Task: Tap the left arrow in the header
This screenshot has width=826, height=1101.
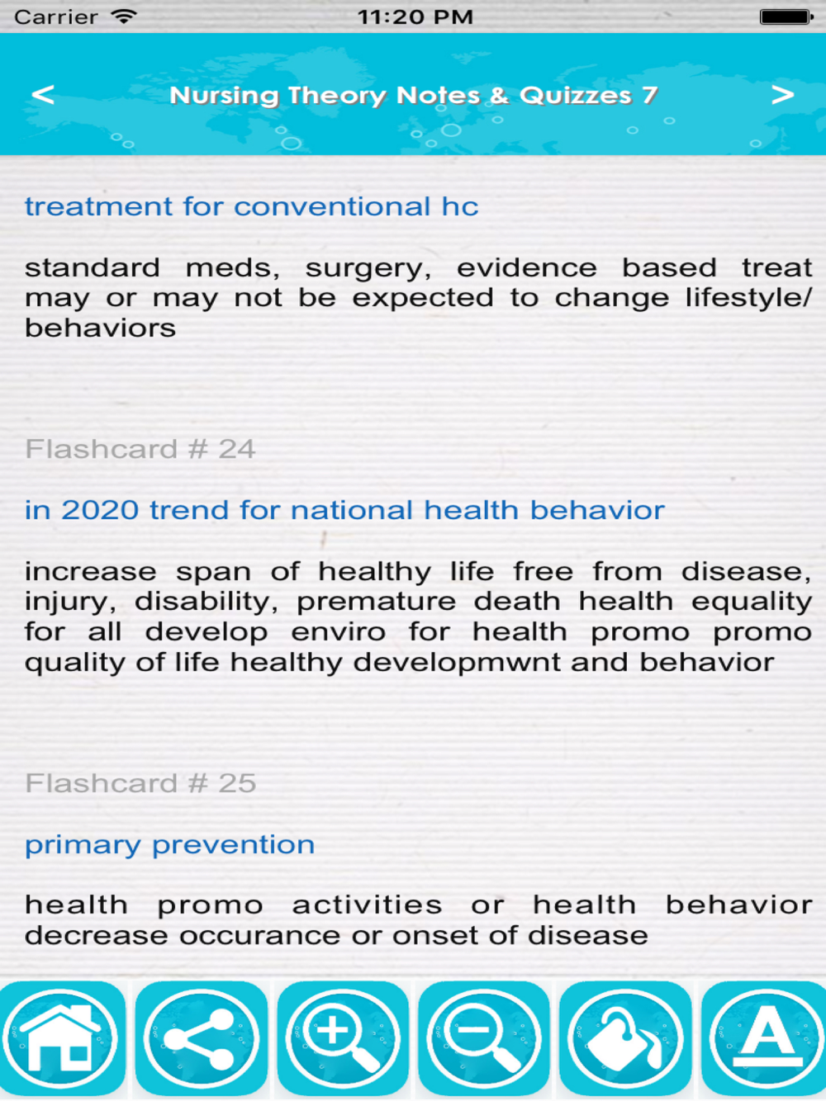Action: click(43, 94)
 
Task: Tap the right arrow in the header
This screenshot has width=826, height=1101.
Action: click(782, 94)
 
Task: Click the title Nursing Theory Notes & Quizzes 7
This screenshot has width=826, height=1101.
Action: click(413, 95)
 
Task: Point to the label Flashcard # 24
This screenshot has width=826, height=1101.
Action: click(140, 448)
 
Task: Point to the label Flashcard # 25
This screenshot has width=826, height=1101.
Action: click(140, 783)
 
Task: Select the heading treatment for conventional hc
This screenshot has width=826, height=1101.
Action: click(252, 206)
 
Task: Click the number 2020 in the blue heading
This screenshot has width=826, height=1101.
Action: click(100, 510)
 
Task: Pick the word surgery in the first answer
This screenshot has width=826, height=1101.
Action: click(368, 269)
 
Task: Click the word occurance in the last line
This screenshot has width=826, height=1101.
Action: click(259, 936)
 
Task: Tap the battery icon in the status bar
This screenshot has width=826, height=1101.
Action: click(786, 17)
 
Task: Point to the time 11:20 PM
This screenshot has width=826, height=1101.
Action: click(415, 17)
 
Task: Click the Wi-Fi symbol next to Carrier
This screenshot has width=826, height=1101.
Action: click(124, 16)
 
